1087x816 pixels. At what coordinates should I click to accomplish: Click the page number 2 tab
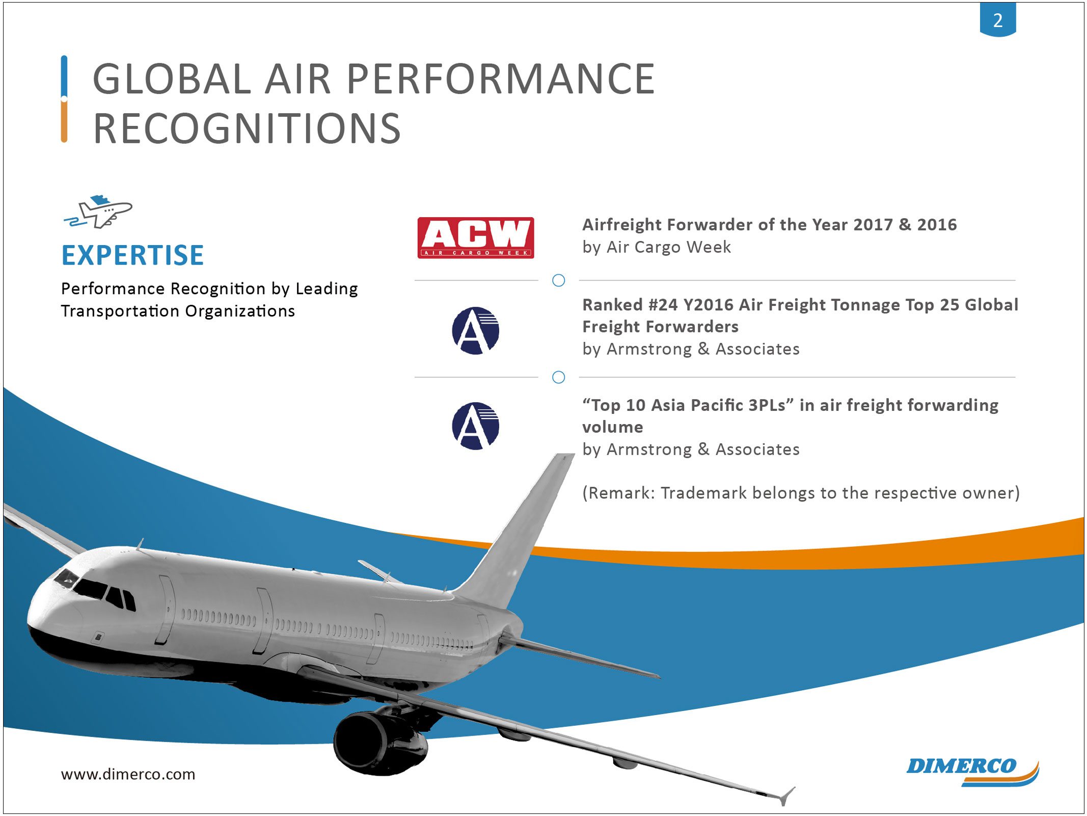[x=997, y=19]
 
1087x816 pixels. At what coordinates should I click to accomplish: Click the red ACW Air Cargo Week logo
[x=475, y=238]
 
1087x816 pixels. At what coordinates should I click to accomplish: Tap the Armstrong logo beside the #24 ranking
[x=475, y=330]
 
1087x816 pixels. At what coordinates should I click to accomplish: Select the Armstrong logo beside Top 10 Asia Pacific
[x=475, y=426]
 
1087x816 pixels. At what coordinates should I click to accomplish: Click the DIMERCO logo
[x=972, y=772]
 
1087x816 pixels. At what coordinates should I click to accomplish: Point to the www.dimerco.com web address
[x=128, y=774]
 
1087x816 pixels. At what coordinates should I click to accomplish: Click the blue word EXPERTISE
[x=132, y=255]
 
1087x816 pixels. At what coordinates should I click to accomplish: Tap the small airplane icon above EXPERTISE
[x=98, y=211]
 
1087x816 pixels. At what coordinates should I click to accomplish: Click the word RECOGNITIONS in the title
[x=247, y=128]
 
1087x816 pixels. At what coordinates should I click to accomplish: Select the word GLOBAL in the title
[x=172, y=79]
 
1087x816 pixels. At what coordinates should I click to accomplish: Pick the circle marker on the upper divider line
[x=558, y=280]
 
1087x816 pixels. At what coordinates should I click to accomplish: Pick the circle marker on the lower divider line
[x=558, y=377]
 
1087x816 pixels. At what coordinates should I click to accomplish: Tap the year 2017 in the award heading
[x=873, y=225]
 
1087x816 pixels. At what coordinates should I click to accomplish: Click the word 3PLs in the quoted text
[x=767, y=405]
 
